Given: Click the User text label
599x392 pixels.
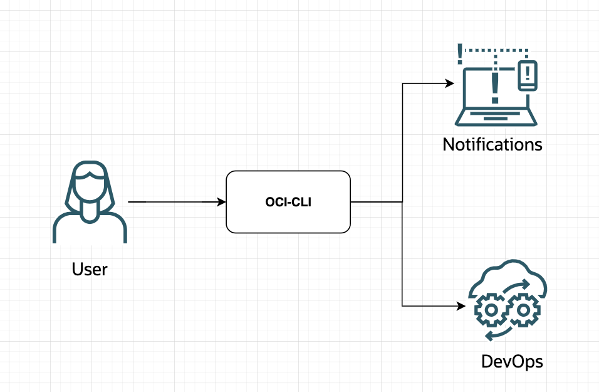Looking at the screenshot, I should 90,270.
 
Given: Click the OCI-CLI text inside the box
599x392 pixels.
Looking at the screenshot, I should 288,203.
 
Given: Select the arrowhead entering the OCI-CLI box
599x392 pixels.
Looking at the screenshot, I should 221,202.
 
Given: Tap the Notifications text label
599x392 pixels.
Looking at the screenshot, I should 492,145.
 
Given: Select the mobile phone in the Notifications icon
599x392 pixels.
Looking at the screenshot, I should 528,75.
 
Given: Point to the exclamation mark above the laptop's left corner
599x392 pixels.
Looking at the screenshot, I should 461,53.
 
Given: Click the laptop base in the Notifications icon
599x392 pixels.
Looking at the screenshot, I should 496,119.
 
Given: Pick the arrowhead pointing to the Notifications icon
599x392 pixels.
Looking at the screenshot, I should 449,83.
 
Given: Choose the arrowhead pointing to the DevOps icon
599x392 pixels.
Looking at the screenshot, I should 461,306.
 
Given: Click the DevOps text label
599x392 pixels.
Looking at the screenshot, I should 512,362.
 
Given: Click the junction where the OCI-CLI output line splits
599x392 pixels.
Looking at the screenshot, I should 402,202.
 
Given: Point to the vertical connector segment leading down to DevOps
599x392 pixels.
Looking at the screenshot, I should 402,257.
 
